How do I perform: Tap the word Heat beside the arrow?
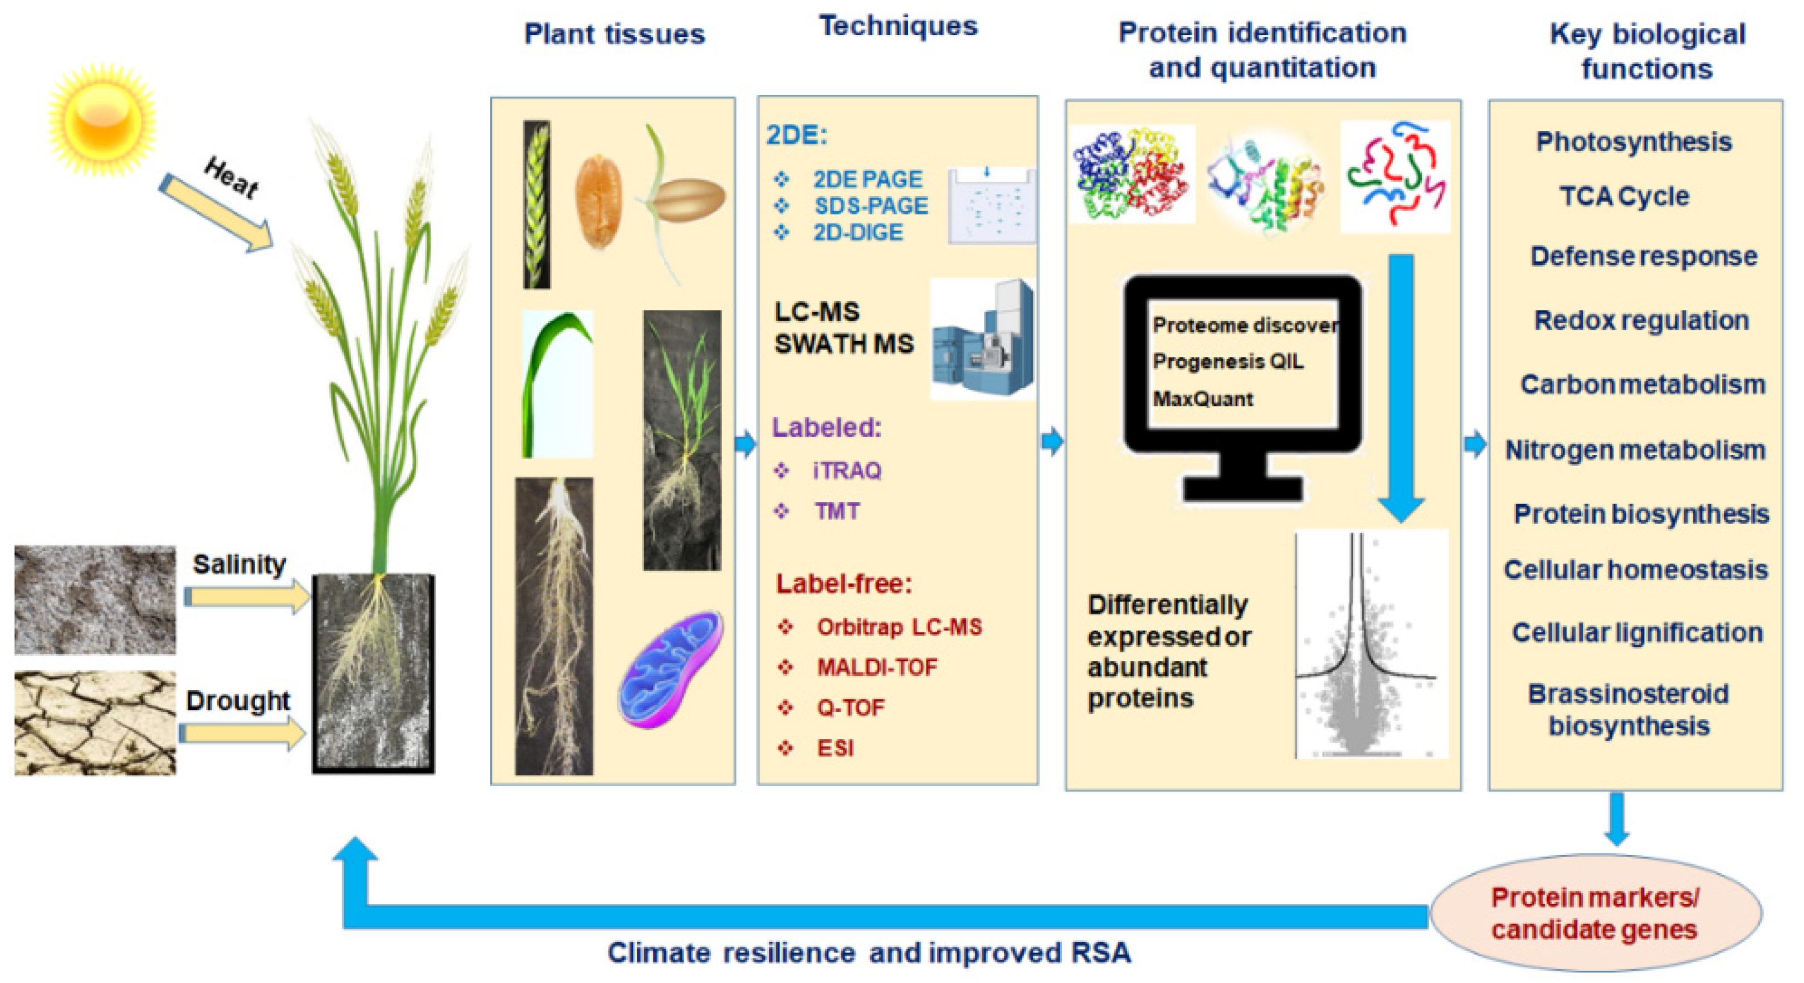231,177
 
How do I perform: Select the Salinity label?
239,564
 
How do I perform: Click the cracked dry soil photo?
95,723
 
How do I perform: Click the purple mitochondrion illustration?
670,669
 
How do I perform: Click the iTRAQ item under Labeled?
846,470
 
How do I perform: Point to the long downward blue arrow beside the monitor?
1401,385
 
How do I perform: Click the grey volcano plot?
1371,645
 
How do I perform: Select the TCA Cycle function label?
1624,196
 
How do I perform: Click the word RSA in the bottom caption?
1100,953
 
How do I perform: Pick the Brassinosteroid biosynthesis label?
1629,710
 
